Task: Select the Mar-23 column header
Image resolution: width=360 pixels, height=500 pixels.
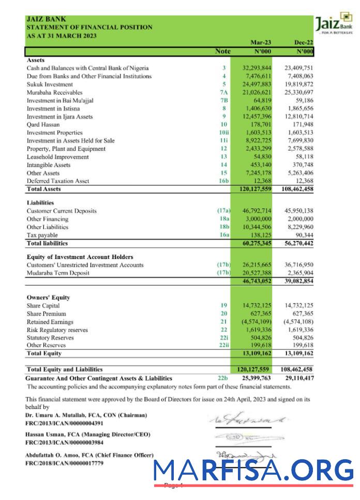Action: click(x=261, y=42)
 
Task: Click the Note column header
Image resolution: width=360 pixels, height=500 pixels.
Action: click(x=223, y=52)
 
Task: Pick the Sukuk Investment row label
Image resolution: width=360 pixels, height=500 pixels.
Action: click(x=50, y=84)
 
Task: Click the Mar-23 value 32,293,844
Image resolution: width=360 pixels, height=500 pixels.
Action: click(x=257, y=68)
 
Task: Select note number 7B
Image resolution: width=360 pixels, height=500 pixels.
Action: click(x=223, y=100)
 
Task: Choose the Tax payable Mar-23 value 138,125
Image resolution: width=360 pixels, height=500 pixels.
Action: click(x=261, y=235)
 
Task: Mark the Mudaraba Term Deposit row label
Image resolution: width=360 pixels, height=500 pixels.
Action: click(x=58, y=274)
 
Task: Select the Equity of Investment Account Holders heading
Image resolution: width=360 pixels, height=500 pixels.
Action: click(x=80, y=257)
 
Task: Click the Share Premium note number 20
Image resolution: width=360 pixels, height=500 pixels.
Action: click(x=223, y=314)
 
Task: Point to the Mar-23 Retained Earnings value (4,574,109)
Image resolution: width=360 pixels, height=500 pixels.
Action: click(x=257, y=322)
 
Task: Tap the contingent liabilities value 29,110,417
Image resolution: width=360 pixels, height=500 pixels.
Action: click(x=299, y=378)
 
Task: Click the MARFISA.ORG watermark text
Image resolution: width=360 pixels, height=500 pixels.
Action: click(x=253, y=469)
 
